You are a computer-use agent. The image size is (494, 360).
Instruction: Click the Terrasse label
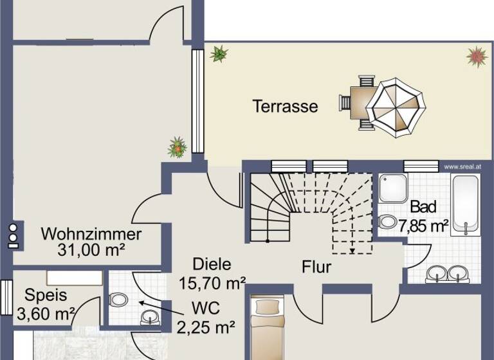click(x=285, y=106)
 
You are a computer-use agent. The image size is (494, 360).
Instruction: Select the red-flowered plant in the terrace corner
click(x=476, y=57)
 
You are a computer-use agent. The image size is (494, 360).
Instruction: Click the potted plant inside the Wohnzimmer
click(x=177, y=147)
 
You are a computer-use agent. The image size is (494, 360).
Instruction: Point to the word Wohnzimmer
click(x=91, y=233)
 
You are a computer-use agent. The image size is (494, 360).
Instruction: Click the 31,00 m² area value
click(x=92, y=250)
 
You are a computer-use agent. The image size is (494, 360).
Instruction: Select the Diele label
click(x=212, y=264)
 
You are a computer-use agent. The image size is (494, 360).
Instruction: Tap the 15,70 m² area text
click(x=212, y=281)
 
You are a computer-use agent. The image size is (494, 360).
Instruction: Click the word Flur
click(x=316, y=267)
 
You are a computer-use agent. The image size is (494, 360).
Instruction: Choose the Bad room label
click(x=423, y=207)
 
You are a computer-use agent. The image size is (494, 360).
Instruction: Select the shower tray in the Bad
click(x=392, y=188)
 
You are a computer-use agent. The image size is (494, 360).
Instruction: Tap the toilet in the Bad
click(x=389, y=222)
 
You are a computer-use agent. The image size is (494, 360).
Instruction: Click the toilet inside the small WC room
click(x=118, y=300)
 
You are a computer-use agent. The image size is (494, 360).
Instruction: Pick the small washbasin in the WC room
click(x=149, y=316)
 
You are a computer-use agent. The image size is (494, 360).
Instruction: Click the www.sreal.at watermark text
click(x=462, y=166)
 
